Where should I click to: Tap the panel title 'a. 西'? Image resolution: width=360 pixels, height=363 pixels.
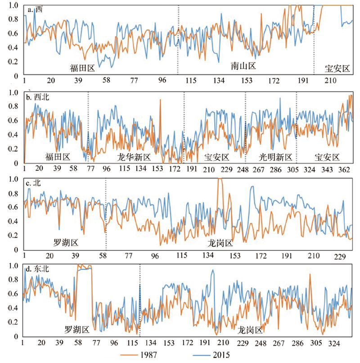35,9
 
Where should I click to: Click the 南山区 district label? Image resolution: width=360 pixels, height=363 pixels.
243,66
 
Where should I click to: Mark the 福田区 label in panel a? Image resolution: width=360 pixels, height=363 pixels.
82,68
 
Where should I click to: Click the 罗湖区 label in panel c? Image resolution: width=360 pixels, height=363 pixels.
66,243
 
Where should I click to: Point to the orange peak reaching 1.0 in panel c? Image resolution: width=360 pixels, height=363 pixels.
220,180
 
